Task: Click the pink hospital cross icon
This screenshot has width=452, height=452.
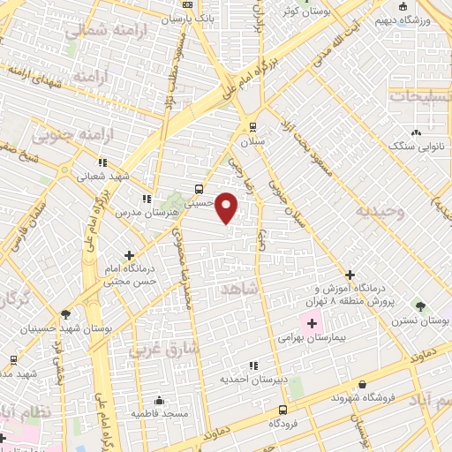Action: (311, 324)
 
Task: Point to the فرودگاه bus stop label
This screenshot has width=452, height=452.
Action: (282, 424)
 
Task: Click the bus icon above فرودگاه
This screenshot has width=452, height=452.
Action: (282, 410)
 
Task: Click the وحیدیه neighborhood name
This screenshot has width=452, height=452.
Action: (380, 212)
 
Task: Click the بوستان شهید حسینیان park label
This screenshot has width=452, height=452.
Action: (55, 328)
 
